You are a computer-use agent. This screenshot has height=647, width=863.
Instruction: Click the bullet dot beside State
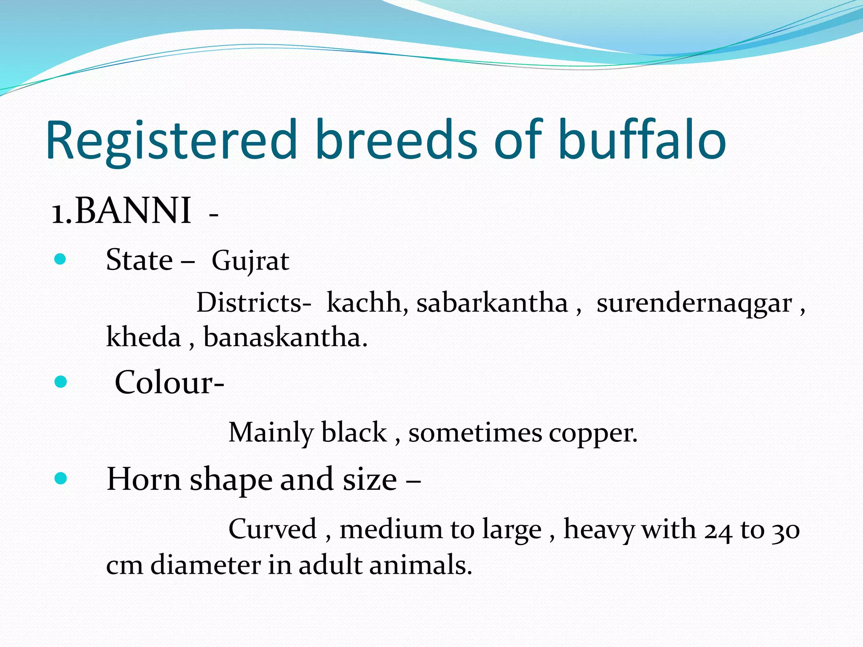click(x=61, y=259)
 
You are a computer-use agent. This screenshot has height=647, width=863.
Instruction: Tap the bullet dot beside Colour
click(x=61, y=382)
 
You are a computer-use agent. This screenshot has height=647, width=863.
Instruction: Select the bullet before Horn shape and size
click(x=61, y=478)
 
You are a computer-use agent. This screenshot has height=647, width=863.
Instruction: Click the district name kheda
click(x=143, y=337)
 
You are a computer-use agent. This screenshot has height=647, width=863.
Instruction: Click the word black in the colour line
click(x=354, y=433)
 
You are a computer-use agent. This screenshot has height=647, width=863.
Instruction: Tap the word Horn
click(x=144, y=479)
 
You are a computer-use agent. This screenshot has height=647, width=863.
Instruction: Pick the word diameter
click(x=206, y=565)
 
